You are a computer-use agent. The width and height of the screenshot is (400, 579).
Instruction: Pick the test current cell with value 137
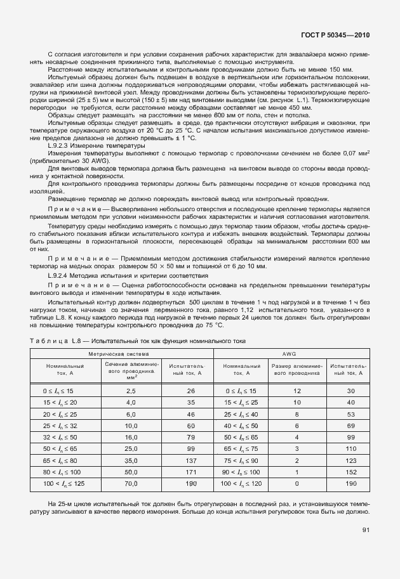[190, 460]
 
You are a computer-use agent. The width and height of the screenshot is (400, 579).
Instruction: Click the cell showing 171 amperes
[190, 472]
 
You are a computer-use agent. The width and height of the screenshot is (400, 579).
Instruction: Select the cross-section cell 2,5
[132, 391]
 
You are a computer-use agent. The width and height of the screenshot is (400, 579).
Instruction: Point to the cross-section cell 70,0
[132, 485]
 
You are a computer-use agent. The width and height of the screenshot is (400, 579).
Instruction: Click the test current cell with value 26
[190, 391]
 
